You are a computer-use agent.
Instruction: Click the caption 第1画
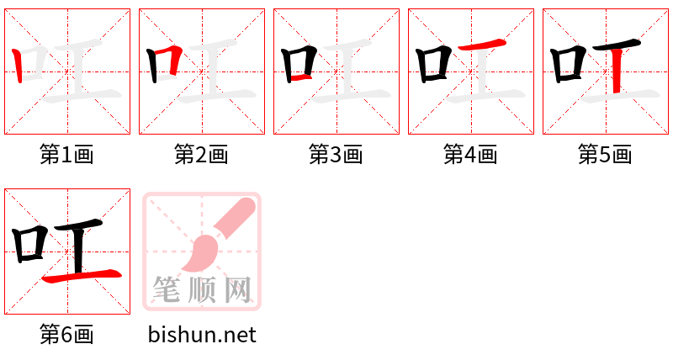pyautogui.click(x=66, y=155)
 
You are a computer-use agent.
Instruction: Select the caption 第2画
pyautogui.click(x=201, y=155)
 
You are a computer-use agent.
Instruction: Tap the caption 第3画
pyautogui.click(x=336, y=155)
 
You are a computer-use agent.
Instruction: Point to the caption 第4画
pyautogui.click(x=470, y=155)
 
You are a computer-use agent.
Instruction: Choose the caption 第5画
pyautogui.click(x=605, y=155)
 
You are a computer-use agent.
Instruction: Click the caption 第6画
pyautogui.click(x=66, y=335)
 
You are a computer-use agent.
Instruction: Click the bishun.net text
pyautogui.click(x=202, y=335)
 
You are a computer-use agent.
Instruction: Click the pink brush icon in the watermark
pyautogui.click(x=215, y=240)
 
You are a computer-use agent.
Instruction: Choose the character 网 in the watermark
pyautogui.click(x=238, y=289)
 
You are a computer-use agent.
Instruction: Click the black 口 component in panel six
pyautogui.click(x=30, y=243)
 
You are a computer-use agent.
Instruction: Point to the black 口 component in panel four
pyautogui.click(x=434, y=64)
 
